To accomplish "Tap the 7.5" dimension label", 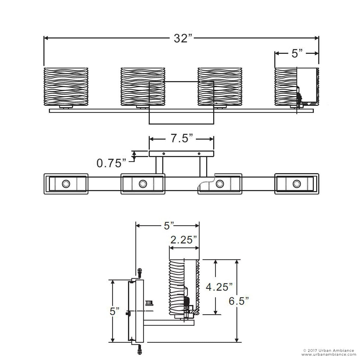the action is click(x=182, y=138).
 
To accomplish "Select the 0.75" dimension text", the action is click(x=111, y=163).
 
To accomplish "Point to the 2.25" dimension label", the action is click(x=184, y=240).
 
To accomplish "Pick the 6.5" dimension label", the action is click(x=239, y=301).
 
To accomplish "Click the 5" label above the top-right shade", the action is click(x=297, y=54).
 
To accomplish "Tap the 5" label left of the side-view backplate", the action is click(x=114, y=311).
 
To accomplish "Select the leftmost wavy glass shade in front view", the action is click(x=66, y=87).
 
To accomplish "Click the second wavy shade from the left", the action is click(x=143, y=87).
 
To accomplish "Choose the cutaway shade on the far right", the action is click(x=297, y=87).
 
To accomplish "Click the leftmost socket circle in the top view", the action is click(x=66, y=184).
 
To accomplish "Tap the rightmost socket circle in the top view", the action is click(x=297, y=184).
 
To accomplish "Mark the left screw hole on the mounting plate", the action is click(x=164, y=154).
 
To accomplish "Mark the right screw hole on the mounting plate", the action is click(x=199, y=154).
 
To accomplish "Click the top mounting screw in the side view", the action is click(x=140, y=273).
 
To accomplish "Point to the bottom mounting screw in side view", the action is click(x=140, y=350).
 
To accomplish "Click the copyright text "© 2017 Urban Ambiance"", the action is click(x=328, y=350).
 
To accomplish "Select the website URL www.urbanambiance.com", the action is click(x=329, y=355).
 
